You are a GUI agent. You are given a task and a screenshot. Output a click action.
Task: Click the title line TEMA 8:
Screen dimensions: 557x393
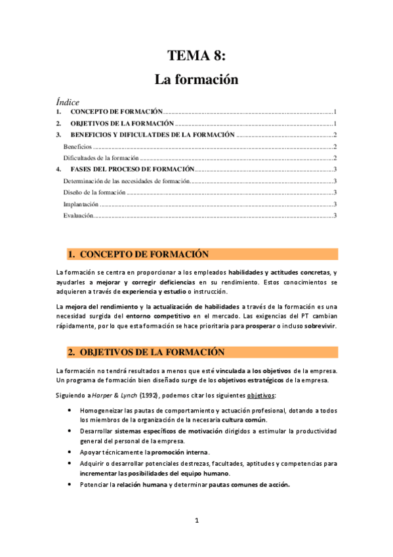(196, 56)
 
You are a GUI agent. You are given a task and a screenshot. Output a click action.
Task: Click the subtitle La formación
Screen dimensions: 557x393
(196, 80)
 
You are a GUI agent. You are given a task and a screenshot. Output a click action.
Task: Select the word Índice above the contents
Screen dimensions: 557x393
(68, 102)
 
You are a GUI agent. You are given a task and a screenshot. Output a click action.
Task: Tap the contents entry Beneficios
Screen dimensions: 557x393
(77, 146)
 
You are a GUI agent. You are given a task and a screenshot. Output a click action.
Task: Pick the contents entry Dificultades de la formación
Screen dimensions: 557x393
(100, 158)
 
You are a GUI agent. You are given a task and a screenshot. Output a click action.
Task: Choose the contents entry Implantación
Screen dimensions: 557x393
(81, 204)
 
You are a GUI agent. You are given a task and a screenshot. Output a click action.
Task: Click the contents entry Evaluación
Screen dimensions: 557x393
(78, 215)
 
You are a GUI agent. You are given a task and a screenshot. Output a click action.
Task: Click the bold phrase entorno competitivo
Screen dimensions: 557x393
(173, 315)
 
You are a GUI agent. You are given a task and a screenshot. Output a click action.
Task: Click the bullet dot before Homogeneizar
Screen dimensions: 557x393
(70, 409)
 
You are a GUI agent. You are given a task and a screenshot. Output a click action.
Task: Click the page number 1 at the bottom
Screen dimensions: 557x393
(196, 521)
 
